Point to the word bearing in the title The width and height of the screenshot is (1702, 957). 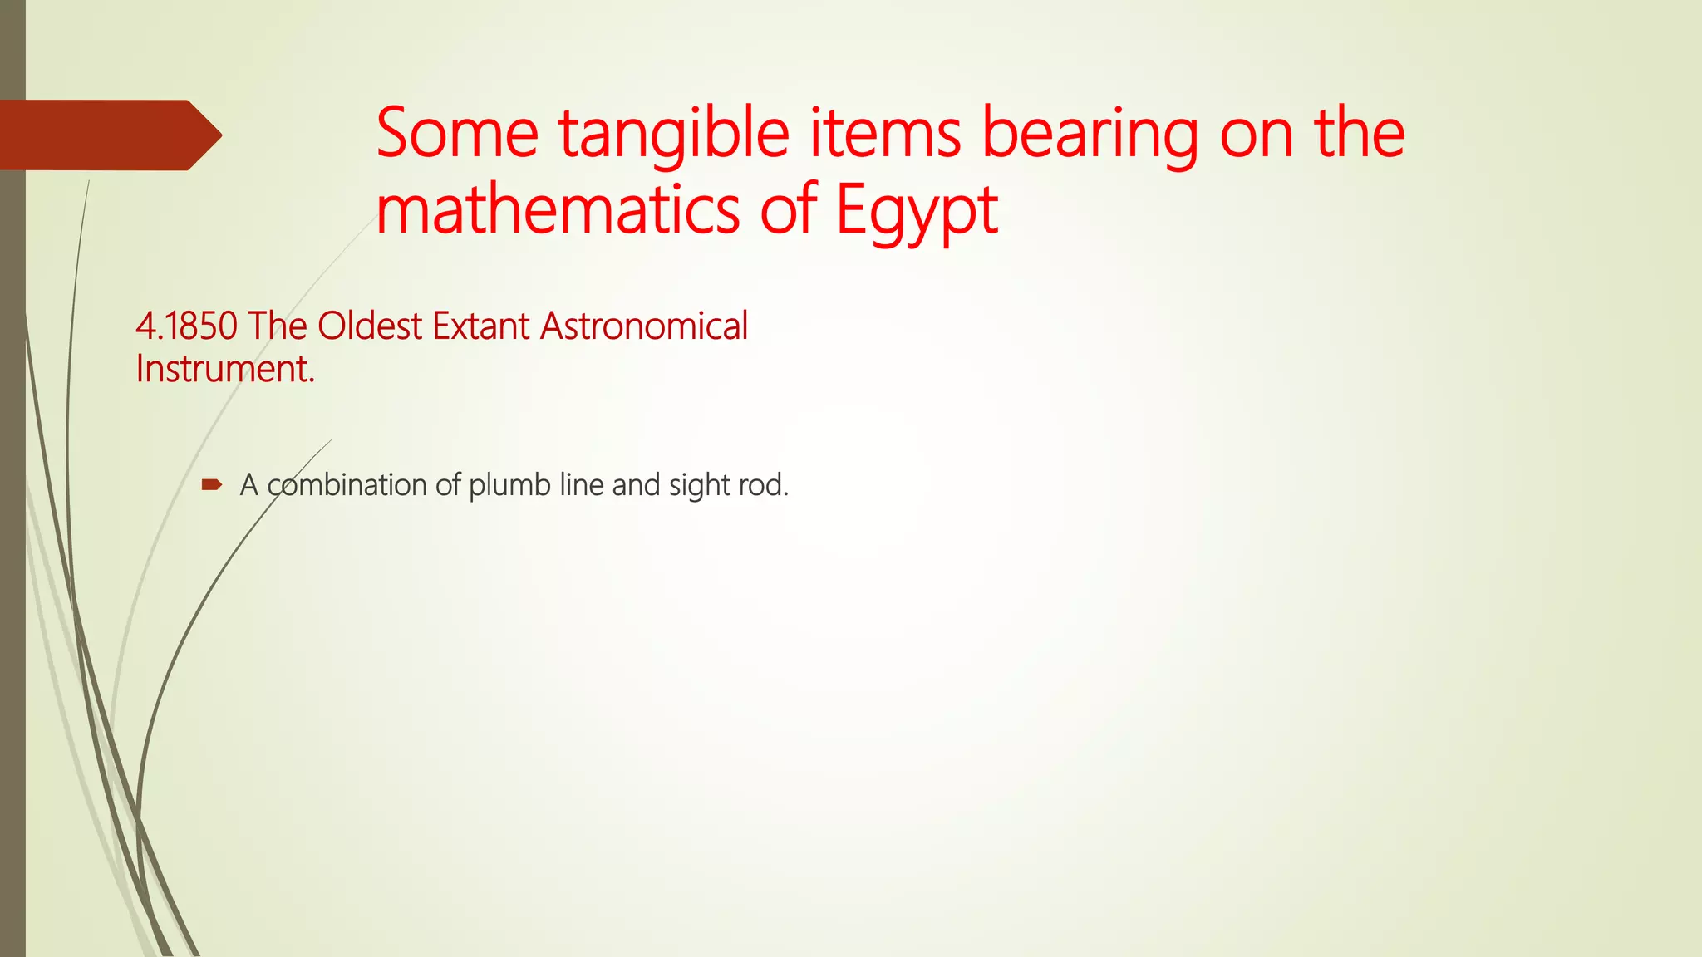[x=1090, y=135]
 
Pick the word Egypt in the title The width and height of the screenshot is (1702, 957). [x=916, y=213]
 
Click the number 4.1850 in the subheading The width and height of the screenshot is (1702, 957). [x=187, y=326]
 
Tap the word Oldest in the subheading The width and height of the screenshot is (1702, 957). [x=370, y=326]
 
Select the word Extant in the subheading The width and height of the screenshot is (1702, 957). [x=481, y=326]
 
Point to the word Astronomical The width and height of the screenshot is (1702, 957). [x=644, y=326]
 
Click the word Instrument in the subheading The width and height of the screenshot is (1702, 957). [x=223, y=369]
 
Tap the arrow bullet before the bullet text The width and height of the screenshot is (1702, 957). [x=211, y=484]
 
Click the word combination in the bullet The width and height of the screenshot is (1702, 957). [x=347, y=484]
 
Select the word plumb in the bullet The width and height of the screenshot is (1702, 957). [x=509, y=486]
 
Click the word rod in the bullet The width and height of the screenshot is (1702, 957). [x=763, y=484]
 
